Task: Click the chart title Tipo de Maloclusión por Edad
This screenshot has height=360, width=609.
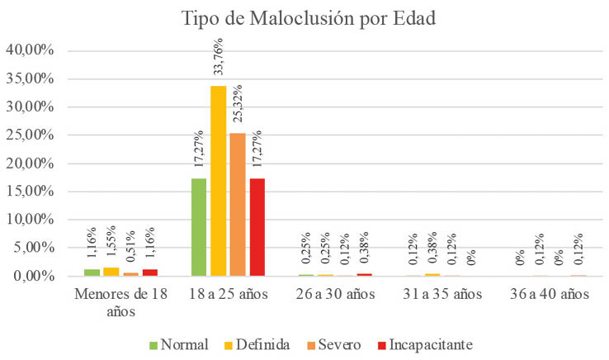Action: pyautogui.click(x=309, y=19)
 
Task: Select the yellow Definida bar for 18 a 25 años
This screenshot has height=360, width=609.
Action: pyautogui.click(x=219, y=181)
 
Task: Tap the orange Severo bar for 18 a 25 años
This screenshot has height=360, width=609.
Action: pyautogui.click(x=238, y=205)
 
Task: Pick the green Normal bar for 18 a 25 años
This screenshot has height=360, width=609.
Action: pyautogui.click(x=199, y=227)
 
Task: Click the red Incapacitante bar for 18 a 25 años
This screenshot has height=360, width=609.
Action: pyautogui.click(x=257, y=227)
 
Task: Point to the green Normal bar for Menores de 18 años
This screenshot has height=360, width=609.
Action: pyautogui.click(x=92, y=272)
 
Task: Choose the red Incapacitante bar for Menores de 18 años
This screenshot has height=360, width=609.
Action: pyautogui.click(x=150, y=272)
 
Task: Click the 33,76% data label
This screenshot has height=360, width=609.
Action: pyautogui.click(x=219, y=57)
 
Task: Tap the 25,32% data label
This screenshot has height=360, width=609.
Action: pyautogui.click(x=238, y=103)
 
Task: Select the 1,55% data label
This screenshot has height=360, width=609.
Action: pyautogui.click(x=111, y=241)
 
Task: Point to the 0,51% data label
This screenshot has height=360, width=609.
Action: pyautogui.click(x=130, y=246)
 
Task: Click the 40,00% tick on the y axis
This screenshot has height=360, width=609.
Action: pyautogui.click(x=30, y=50)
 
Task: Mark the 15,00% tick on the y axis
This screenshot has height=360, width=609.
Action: pyautogui.click(x=30, y=192)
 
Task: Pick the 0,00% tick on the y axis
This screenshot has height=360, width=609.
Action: pyautogui.click(x=34, y=276)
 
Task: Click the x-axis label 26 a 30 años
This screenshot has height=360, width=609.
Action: pyautogui.click(x=336, y=294)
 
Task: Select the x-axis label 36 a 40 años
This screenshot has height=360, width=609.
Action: pyautogui.click(x=550, y=294)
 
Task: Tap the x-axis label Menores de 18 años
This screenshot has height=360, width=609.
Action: pyautogui.click(x=120, y=302)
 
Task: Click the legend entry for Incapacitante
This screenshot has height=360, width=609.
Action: pyautogui.click(x=425, y=344)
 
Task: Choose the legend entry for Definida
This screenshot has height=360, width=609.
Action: pyautogui.click(x=257, y=344)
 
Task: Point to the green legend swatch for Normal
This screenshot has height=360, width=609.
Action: pyautogui.click(x=153, y=345)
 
